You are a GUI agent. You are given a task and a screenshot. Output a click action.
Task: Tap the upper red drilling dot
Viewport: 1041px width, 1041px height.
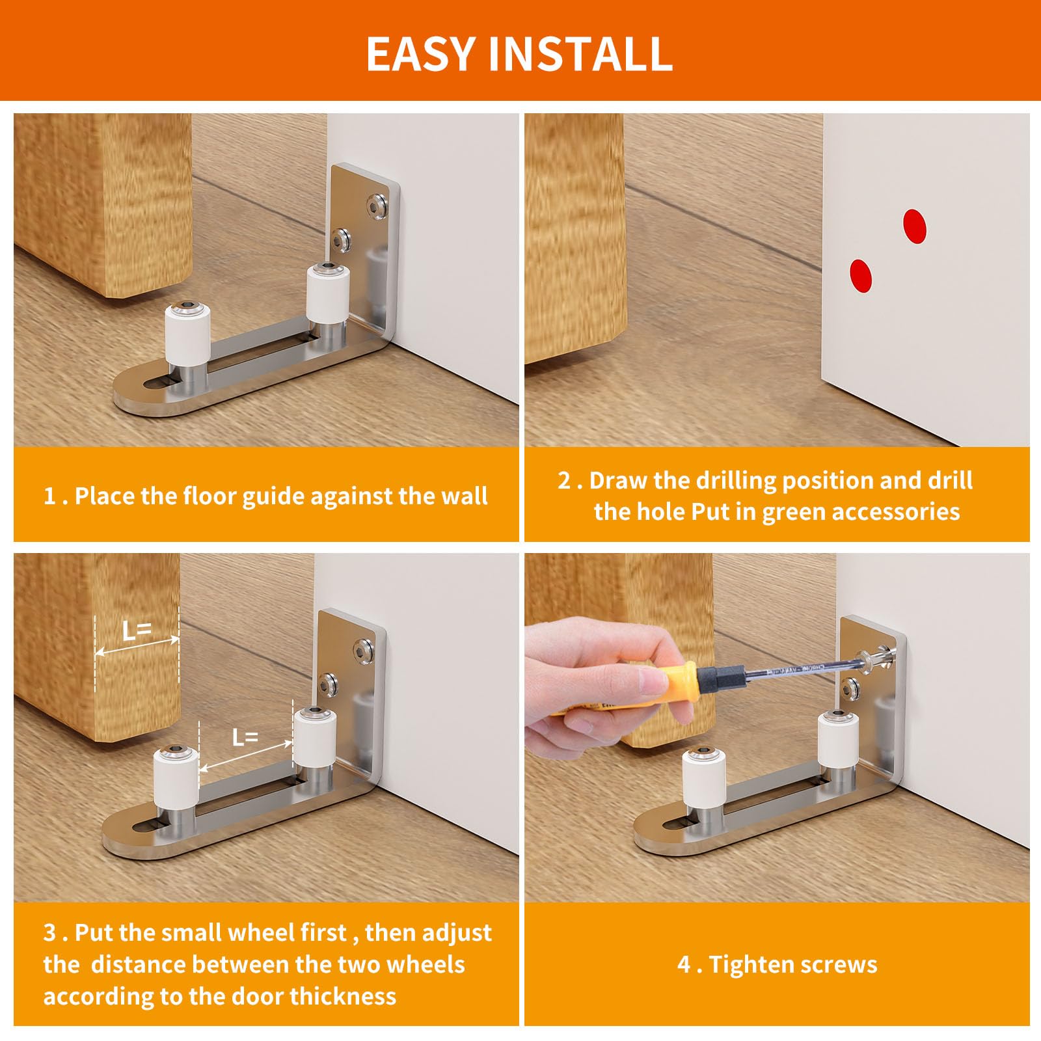pyautogui.click(x=914, y=227)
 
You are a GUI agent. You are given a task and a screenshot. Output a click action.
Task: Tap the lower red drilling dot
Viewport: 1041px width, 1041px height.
pyautogui.click(x=861, y=276)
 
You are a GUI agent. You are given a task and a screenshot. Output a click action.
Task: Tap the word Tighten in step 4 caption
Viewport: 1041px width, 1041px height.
pyautogui.click(x=750, y=964)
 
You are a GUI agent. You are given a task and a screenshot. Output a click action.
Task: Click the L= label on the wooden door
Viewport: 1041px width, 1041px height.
pyautogui.click(x=137, y=630)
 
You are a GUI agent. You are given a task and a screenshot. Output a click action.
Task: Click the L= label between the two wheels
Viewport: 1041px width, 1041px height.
pyautogui.click(x=245, y=737)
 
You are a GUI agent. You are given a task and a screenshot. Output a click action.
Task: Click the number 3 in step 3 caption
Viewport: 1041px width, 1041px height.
pyautogui.click(x=49, y=932)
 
